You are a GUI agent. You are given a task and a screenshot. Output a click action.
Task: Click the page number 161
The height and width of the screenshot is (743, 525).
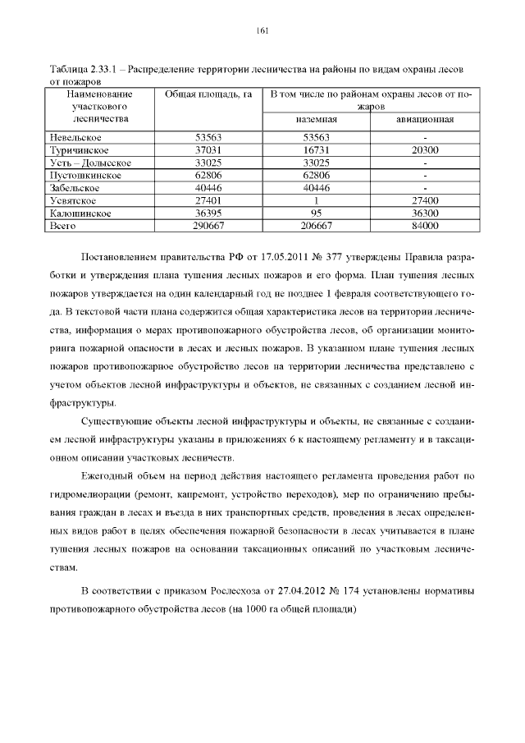coord(262,30)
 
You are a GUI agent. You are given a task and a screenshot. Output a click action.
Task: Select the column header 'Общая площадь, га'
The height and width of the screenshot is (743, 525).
coord(208,95)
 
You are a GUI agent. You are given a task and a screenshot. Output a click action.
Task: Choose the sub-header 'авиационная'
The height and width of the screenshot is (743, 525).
coord(425,120)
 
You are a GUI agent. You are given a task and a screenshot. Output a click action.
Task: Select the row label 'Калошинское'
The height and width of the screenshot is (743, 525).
coord(79,213)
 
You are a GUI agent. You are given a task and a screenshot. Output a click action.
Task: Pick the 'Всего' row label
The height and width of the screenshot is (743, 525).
coord(63,225)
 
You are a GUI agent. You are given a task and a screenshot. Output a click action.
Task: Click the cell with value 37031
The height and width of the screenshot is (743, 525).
coord(208,150)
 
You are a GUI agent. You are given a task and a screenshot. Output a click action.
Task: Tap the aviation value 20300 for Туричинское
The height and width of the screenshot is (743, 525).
coord(425,150)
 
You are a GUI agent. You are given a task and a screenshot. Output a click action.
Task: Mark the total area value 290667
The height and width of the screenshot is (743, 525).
coord(208,225)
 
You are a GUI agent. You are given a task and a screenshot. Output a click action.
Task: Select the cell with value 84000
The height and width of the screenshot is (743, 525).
coord(425,225)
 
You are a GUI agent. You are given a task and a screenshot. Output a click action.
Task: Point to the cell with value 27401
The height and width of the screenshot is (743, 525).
coord(208,200)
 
